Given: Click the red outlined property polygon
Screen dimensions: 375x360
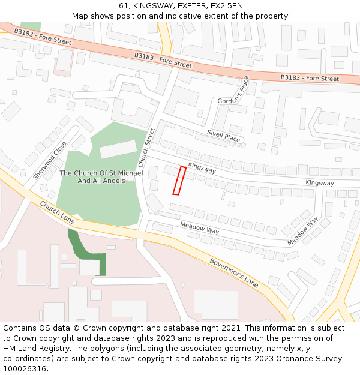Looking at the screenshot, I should (179, 181).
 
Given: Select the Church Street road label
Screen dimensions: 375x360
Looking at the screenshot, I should (146, 148).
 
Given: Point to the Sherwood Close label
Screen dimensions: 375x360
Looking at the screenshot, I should (50, 160).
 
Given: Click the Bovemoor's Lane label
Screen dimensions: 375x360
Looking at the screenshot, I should (234, 272).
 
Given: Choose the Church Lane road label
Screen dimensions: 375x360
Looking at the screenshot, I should (58, 213).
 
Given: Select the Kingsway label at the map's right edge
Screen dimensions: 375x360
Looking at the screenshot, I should (319, 182).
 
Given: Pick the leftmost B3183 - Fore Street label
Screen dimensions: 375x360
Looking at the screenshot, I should (43, 37).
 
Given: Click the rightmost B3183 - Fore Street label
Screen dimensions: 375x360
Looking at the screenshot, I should (310, 79).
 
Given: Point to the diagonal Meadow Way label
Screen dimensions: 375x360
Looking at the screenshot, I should (302, 231).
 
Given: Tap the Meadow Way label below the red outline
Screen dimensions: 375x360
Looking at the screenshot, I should (200, 227).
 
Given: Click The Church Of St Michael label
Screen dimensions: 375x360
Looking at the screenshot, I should (101, 176).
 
